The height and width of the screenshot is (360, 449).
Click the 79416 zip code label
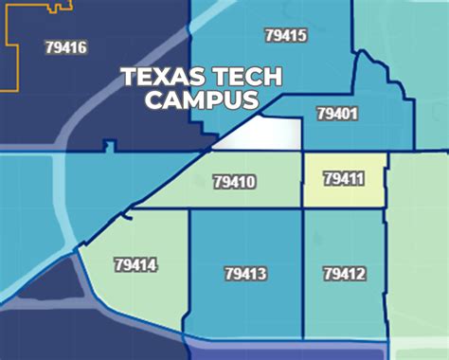pos(65,46)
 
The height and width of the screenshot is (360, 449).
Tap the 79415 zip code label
pos(285,35)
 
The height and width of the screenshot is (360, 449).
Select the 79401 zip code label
pos(337,114)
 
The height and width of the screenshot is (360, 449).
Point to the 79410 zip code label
pos(235,181)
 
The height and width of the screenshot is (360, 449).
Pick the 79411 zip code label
pos(343,178)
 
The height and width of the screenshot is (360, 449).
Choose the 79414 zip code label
pos(135,265)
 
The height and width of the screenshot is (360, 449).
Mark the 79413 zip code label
pos(245,274)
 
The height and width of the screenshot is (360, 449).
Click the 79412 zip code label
pos(344,274)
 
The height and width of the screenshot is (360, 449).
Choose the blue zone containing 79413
pos(245,303)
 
